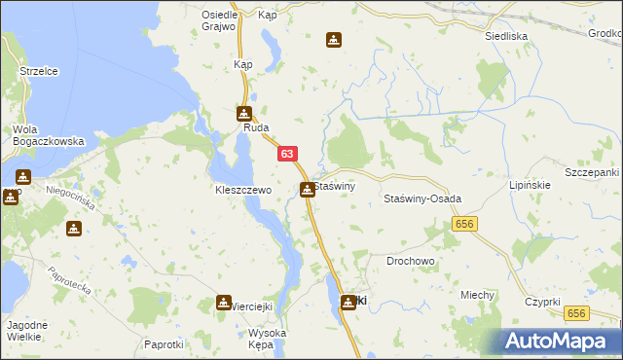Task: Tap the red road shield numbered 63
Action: pos(286,154)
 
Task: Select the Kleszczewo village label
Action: pos(242,191)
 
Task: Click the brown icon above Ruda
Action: pos(243,113)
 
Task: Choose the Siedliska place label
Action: pos(506,36)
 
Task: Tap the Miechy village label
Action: pos(479,296)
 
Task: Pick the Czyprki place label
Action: pos(540,302)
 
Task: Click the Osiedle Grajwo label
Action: pos(219,20)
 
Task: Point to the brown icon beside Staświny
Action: pos(308,189)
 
